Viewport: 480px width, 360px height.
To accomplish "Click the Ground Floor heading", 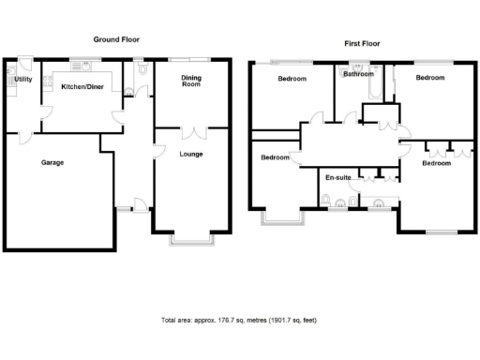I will [117, 39].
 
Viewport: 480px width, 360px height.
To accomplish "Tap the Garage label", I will [52, 162].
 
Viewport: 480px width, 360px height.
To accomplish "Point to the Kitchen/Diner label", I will [82, 86].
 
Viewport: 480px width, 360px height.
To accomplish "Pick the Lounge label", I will [191, 154].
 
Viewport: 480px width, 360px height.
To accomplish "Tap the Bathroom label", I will [358, 74].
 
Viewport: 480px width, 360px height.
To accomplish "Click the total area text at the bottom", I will [239, 321].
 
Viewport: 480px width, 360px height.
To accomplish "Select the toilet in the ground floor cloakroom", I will [140, 70].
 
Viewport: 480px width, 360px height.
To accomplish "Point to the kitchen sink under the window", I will [83, 68].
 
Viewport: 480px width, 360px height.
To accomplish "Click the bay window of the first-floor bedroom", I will [281, 218].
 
